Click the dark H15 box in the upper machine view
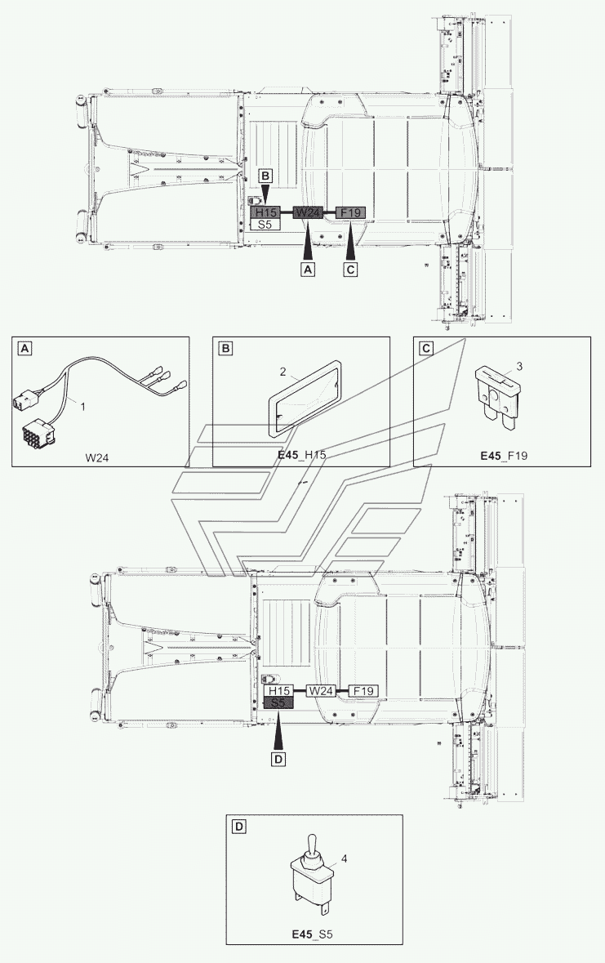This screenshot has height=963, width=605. [265, 212]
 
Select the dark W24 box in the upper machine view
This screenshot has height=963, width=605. [307, 212]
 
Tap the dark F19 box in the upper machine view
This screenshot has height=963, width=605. [350, 212]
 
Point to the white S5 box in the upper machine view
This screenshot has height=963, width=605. [265, 224]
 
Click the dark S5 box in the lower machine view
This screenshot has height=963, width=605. [278, 703]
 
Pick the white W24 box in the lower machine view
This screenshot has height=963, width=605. [320, 691]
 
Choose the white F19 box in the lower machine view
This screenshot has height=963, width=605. [363, 691]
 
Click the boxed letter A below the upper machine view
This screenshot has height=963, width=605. [308, 269]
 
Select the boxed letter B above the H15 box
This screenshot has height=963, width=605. [265, 176]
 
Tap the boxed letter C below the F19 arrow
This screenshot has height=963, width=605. [350, 269]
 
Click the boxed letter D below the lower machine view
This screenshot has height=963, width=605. [278, 760]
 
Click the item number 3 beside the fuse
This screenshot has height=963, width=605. [519, 367]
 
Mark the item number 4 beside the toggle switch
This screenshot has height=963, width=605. [344, 858]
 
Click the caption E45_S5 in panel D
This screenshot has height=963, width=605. [312, 934]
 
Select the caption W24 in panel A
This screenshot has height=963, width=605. [97, 457]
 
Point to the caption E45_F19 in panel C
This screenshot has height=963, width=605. [504, 456]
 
